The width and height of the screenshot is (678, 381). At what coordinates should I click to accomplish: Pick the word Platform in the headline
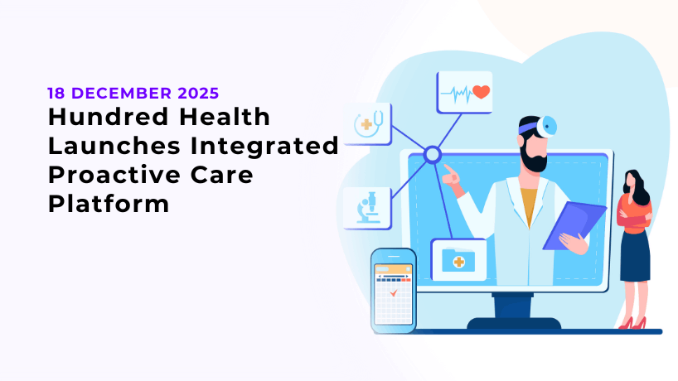pyautogui.click(x=108, y=204)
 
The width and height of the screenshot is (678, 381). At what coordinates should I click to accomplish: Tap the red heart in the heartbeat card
pyautogui.click(x=481, y=92)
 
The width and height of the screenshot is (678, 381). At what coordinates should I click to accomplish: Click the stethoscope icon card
pyautogui.click(x=368, y=124)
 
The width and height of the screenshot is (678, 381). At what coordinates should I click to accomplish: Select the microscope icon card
pyautogui.click(x=368, y=208)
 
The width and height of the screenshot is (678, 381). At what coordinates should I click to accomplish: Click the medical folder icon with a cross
pyautogui.click(x=455, y=260)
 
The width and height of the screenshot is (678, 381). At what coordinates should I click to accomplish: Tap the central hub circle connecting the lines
pyautogui.click(x=432, y=154)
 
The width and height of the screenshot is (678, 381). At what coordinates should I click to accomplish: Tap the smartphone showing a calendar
pyautogui.click(x=393, y=290)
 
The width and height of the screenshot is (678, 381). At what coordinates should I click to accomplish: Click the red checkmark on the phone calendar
pyautogui.click(x=393, y=292)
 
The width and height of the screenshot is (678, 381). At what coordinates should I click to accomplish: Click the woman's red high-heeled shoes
pyautogui.click(x=632, y=324)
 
